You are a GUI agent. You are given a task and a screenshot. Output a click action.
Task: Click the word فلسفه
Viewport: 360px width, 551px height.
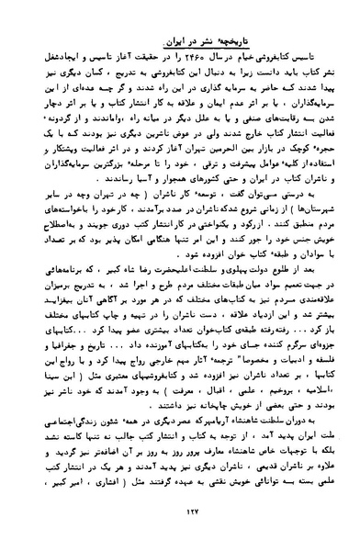pyautogui.click(x=311, y=365)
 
